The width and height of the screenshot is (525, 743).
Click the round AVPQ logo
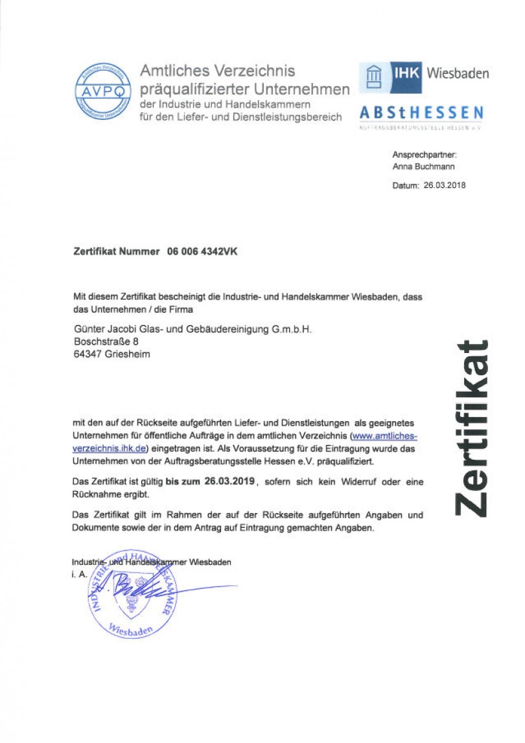click(102, 91)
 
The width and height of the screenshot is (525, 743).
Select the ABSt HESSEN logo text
click(421, 113)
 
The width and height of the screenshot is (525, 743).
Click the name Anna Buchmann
click(424, 166)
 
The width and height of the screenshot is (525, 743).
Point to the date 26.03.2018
click(445, 185)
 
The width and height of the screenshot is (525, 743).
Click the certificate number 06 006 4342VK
click(202, 252)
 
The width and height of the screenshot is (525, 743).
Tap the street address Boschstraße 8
click(106, 342)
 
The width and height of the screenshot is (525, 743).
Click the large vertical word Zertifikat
click(471, 428)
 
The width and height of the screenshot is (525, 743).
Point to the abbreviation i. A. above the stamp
click(79, 575)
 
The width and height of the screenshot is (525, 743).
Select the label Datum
click(405, 185)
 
